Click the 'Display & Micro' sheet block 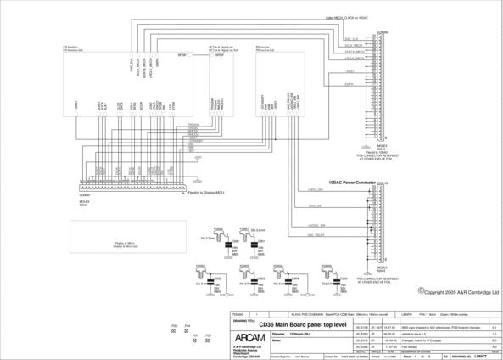tap(126, 244)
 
